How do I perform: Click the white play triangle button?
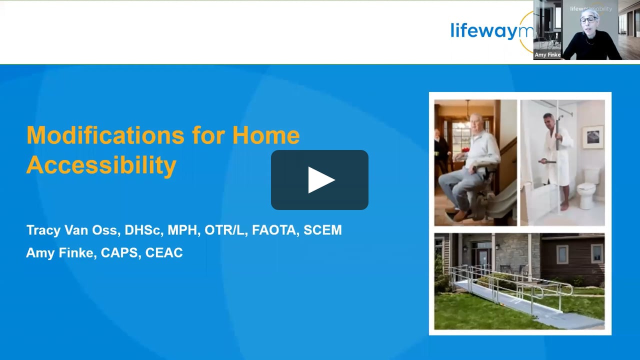(x=320, y=180)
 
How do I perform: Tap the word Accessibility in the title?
(x=101, y=165)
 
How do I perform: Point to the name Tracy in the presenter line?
(x=43, y=230)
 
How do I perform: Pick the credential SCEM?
(x=323, y=230)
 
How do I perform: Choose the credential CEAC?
(x=164, y=253)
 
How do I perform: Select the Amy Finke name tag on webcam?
(x=547, y=55)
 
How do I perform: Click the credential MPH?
(x=181, y=230)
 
